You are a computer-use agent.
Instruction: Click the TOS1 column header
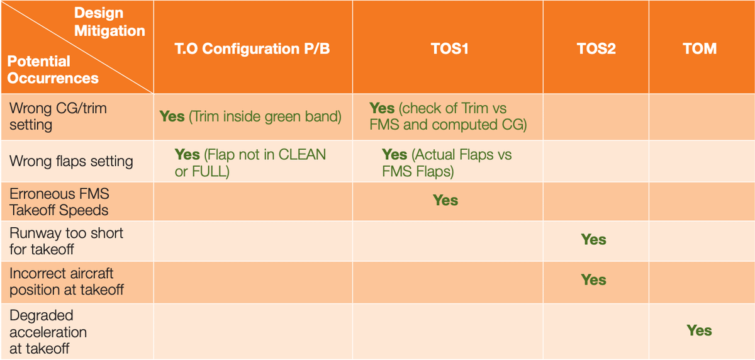coord(450,48)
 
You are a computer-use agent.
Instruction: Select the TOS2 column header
coord(596,48)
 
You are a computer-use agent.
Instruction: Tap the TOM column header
coord(700,48)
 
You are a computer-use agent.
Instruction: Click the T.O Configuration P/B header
coord(252,49)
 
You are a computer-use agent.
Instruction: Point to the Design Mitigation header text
coord(109,22)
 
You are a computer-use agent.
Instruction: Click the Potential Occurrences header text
coord(53,69)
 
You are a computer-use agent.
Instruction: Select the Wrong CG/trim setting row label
coord(58,116)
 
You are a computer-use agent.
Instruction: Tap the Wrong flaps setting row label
coord(71,161)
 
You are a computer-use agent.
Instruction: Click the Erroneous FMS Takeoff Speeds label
coord(59,202)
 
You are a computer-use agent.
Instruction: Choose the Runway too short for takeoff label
coord(67,241)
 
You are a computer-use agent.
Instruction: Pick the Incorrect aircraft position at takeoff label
coord(67,281)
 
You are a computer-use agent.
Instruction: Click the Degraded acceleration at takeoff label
coord(48,332)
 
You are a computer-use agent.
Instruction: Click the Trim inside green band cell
coord(250,116)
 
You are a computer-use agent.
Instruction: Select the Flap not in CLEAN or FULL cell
coord(250,163)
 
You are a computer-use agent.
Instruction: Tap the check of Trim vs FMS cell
coord(448,116)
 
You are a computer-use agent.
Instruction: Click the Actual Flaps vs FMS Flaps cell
coord(447,163)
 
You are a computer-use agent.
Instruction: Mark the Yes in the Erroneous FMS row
coord(445,200)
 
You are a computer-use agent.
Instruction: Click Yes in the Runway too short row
coord(593,240)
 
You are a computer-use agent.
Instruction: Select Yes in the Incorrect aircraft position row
coord(593,280)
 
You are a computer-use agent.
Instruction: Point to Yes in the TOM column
coord(700,330)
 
